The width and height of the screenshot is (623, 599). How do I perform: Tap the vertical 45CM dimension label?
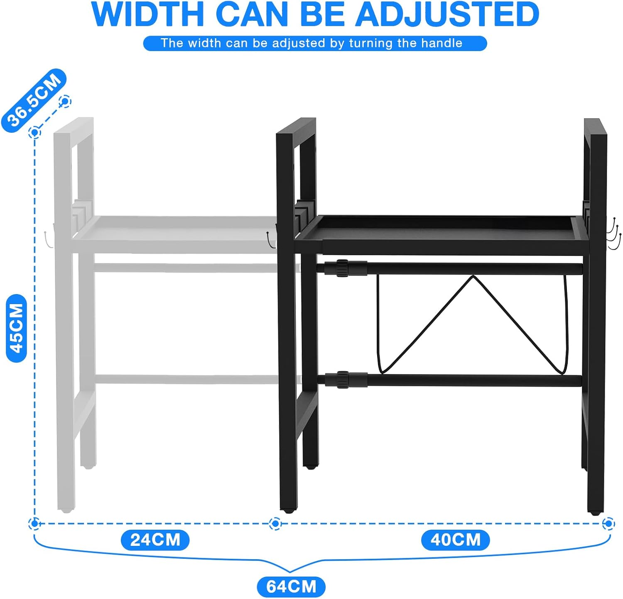click(x=17, y=328)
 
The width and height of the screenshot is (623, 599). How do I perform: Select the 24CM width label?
click(x=155, y=540)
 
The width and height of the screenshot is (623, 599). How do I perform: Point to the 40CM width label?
click(x=455, y=540)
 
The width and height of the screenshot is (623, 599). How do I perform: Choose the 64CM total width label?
click(x=291, y=587)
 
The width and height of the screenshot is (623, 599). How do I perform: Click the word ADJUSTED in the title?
click(x=447, y=14)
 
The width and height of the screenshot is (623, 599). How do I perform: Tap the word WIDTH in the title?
click(x=147, y=14)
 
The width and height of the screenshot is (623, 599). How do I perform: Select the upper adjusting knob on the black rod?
click(x=342, y=268)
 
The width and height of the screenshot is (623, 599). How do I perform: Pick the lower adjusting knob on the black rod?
click(x=343, y=380)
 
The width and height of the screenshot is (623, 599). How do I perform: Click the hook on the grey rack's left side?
click(x=48, y=240)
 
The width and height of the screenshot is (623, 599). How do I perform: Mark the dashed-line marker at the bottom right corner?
click(x=608, y=524)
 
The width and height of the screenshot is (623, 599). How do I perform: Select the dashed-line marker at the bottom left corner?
click(x=35, y=524)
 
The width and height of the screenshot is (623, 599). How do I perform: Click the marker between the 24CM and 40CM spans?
click(x=275, y=524)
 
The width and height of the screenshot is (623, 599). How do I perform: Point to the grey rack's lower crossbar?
click(x=187, y=379)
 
